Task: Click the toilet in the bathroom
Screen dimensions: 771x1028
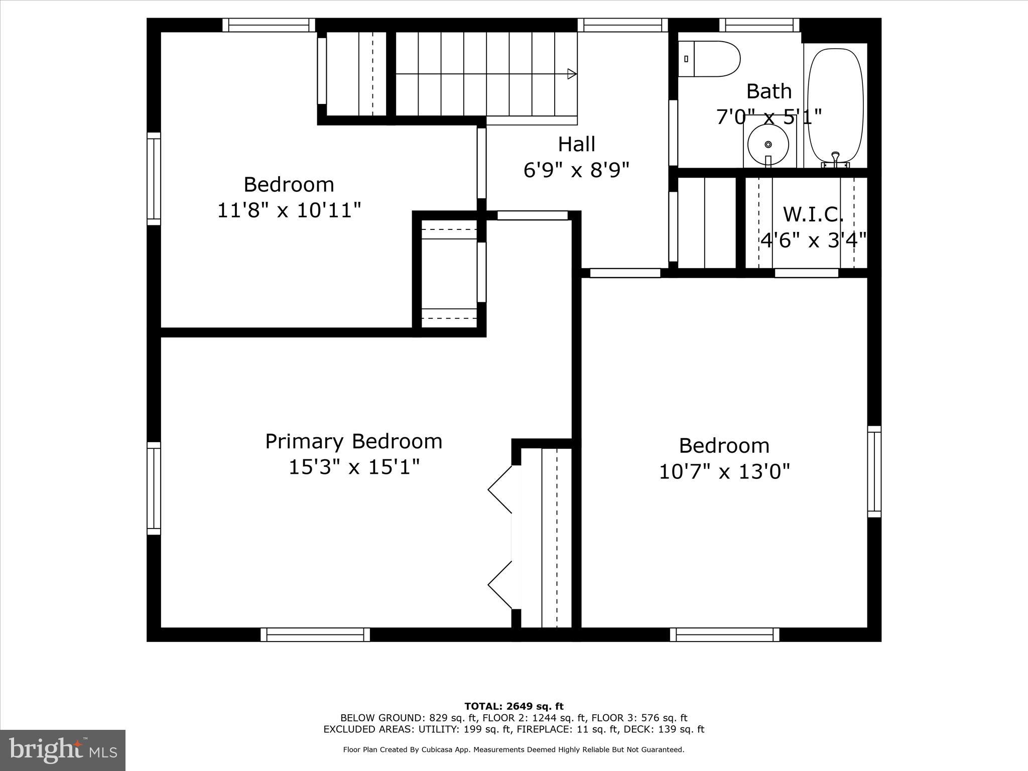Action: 709,59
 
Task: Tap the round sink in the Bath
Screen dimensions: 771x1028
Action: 767,145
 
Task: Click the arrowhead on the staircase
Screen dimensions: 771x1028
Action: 572,74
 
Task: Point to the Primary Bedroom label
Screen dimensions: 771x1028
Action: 353,442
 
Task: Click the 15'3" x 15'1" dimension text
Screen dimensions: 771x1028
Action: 353,467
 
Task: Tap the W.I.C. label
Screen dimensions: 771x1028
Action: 813,215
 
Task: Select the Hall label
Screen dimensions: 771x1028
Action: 576,145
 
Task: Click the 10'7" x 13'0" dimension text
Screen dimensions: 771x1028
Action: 724,472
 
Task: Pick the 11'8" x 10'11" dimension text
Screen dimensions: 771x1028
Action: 289,210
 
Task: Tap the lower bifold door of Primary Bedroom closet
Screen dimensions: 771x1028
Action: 500,585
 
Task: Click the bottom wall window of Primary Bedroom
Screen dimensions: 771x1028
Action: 315,634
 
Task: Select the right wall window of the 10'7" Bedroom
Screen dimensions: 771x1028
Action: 874,472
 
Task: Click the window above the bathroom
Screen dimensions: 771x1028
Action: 759,25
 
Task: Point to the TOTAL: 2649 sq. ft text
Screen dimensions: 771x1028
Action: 513,707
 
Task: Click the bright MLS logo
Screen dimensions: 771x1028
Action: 63,750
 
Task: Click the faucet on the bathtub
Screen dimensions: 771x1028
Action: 835,159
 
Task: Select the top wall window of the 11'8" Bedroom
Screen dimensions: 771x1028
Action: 269,25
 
